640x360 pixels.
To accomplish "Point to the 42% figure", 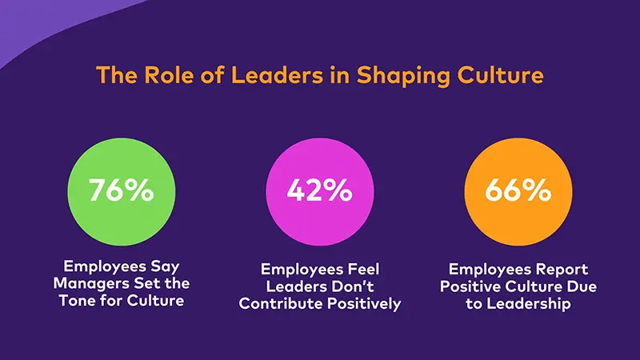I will [319, 190].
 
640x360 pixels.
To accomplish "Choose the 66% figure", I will [518, 190].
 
